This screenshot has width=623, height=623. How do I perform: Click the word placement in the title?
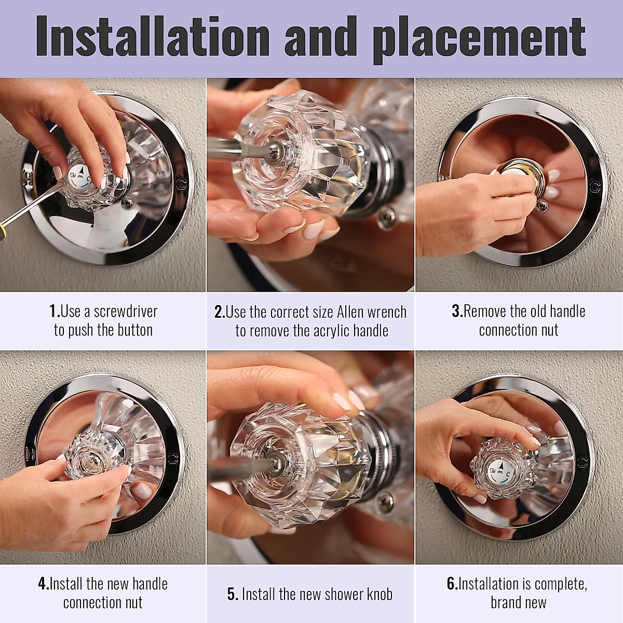(479, 37)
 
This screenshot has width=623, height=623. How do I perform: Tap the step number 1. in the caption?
(55, 311)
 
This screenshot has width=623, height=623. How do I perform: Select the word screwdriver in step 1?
(125, 311)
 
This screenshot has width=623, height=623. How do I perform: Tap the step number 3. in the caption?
(457, 311)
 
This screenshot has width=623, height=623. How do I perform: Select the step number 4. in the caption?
(44, 584)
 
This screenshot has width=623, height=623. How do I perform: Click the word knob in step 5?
(377, 594)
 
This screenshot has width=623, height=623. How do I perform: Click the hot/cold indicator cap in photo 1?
(81, 177)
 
